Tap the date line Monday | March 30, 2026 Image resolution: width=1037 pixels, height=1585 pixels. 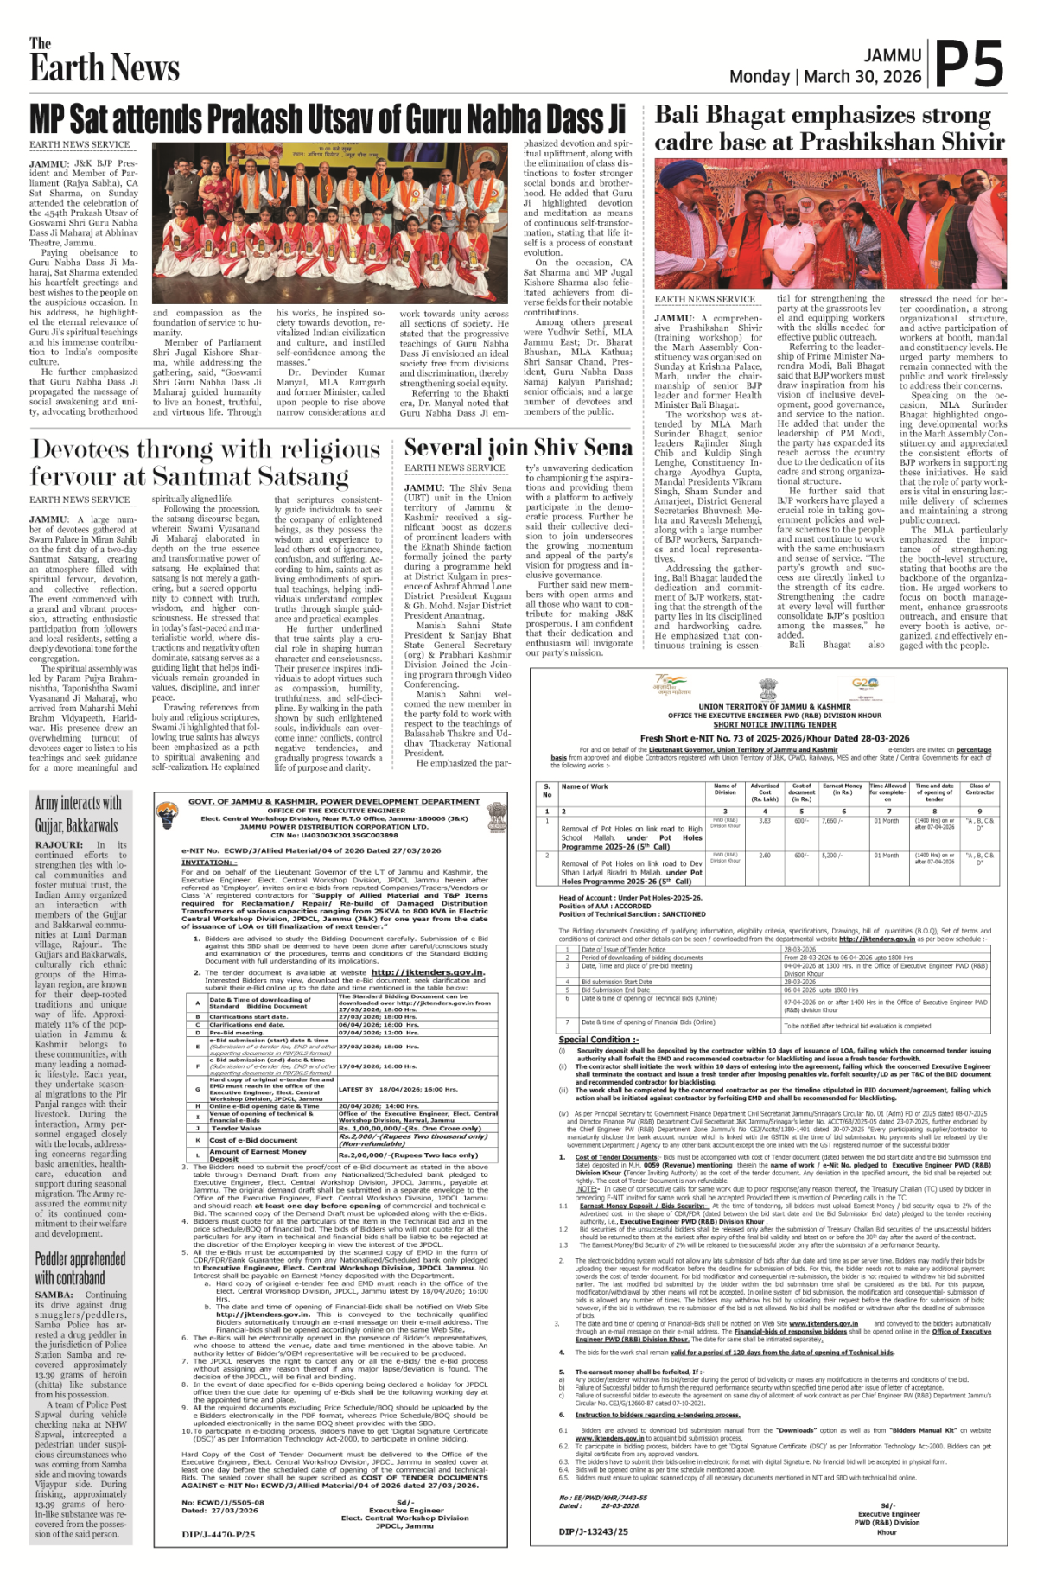click(x=824, y=77)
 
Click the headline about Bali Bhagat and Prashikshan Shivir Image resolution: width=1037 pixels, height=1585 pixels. click(x=829, y=128)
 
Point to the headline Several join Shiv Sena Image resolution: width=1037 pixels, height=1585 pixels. click(x=518, y=447)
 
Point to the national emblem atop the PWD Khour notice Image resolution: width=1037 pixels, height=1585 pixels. click(x=767, y=689)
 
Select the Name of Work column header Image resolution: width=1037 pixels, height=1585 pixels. click(x=585, y=786)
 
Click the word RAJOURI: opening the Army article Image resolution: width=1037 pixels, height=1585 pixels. click(x=59, y=845)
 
